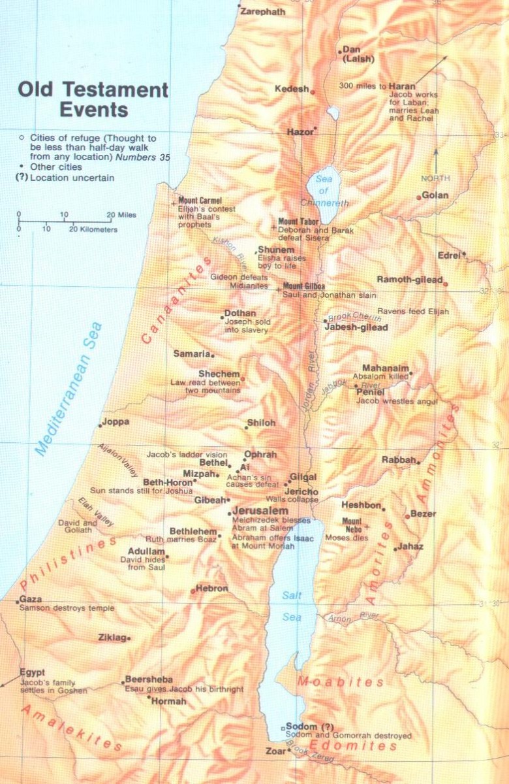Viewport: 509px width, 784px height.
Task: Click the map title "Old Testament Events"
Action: [93, 99]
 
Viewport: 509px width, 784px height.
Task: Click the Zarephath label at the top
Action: [263, 12]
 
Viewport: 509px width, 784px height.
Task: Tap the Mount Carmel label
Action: [200, 201]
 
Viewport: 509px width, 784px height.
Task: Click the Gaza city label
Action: [31, 599]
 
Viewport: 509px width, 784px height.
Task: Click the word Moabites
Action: [340, 682]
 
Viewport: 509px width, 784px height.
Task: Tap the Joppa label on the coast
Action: [116, 422]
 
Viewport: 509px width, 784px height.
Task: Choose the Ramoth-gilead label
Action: [409, 280]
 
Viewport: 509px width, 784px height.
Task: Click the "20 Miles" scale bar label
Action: [122, 215]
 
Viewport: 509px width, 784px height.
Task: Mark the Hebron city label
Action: [211, 589]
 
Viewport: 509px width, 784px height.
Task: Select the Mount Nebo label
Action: [352, 525]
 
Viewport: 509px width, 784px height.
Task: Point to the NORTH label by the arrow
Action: [435, 178]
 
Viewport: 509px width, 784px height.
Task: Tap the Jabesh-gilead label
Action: [356, 327]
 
